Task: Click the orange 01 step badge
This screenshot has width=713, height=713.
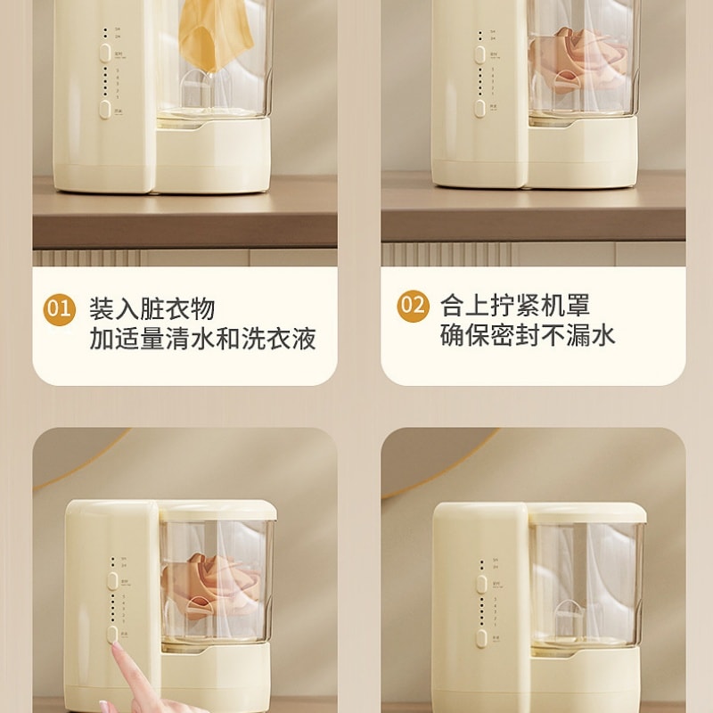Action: click(x=59, y=309)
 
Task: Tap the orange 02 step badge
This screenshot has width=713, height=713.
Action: click(x=413, y=306)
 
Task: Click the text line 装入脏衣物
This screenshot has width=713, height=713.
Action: click(x=152, y=309)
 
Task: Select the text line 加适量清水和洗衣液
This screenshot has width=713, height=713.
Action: click(x=202, y=340)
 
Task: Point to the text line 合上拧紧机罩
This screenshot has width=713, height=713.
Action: click(x=514, y=306)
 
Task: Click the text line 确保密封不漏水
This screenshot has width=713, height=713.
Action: click(x=527, y=336)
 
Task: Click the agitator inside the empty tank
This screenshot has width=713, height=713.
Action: click(x=568, y=615)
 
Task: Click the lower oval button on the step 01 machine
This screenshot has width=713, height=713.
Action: click(x=105, y=110)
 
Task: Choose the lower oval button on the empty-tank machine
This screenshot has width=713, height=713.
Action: click(x=481, y=637)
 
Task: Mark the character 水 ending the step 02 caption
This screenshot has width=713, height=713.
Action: click(x=603, y=336)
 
